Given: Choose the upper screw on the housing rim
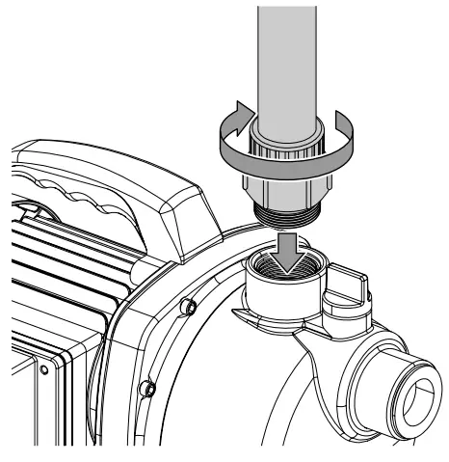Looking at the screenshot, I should [190, 308].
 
